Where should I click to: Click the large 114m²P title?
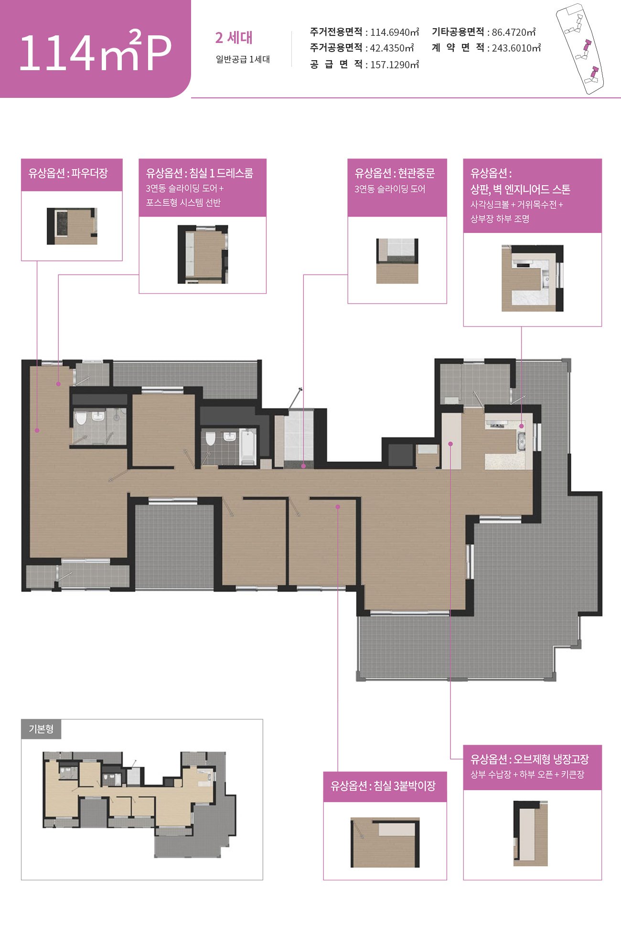coord(95,52)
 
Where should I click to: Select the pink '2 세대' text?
coord(234,38)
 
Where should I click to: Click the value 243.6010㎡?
coord(516,48)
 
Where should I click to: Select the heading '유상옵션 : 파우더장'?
coord(68,173)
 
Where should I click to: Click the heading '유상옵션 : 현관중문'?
coord(395,173)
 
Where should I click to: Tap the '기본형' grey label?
coord(41,729)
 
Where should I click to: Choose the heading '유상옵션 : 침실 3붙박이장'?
coord(383,786)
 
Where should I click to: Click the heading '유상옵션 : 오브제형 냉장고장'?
coord(530,759)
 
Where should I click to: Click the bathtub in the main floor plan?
coord(247,446)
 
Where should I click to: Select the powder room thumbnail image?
coord(72,226)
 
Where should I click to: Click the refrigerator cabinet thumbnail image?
coord(531,834)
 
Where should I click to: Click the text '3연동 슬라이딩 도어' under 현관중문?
coord(390,189)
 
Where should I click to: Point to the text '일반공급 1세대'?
coord(243,59)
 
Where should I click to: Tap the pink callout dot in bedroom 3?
coord(338,507)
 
